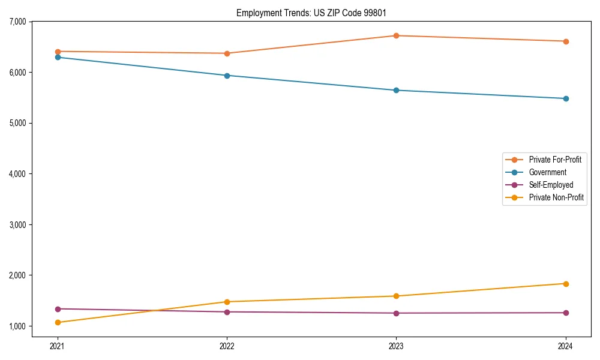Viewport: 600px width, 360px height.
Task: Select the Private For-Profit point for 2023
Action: [396, 35]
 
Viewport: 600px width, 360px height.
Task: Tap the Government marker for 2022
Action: [227, 76]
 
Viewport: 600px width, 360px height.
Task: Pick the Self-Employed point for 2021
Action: [58, 309]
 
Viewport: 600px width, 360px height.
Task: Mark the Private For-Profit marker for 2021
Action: [58, 52]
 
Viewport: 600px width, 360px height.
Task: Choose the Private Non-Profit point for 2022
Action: [227, 302]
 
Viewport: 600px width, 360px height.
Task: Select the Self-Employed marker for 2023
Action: [396, 313]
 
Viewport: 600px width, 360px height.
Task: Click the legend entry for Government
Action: [547, 172]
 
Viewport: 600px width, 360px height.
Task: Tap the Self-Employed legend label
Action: [551, 185]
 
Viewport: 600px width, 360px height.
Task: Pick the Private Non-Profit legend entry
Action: [556, 197]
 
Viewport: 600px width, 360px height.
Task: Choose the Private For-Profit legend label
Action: [555, 160]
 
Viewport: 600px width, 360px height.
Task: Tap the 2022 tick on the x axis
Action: [227, 346]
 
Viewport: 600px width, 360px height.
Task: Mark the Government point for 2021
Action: [58, 57]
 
